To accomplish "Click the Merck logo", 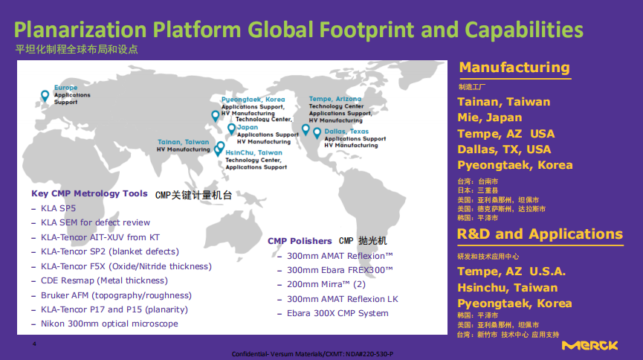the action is click(589, 346).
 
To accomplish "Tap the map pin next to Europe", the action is click(45, 96).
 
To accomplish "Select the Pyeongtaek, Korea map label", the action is click(253, 100).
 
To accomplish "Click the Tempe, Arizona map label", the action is click(335, 99).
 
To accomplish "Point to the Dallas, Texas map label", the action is click(346, 132).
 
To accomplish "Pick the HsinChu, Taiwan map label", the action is click(253, 152).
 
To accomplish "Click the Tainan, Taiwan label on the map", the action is click(184, 142).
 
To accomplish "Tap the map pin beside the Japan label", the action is click(231, 129).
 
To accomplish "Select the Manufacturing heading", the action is click(514, 68).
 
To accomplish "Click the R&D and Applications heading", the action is click(540, 234).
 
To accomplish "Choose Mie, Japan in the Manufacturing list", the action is click(490, 118).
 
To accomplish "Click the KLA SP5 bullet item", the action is click(58, 208).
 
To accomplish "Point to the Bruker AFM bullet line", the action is click(116, 295).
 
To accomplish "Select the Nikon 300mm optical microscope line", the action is click(109, 324).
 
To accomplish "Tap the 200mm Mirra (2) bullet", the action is click(326, 284).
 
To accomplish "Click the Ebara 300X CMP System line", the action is click(337, 314).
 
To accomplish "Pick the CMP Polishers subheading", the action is click(300, 241).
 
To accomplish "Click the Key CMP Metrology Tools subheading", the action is click(89, 193).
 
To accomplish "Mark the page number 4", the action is click(34, 344).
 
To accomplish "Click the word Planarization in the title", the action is click(80, 30).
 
